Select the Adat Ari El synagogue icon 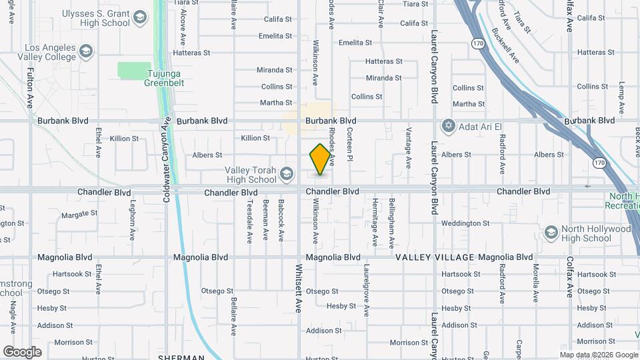click(x=449, y=125)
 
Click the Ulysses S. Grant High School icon click(x=140, y=17)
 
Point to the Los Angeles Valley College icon click(x=85, y=51)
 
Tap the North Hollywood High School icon click(x=551, y=233)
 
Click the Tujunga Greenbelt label click(x=164, y=83)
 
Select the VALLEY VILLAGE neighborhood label click(x=435, y=257)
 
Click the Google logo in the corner click(x=22, y=352)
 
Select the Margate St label click(x=79, y=214)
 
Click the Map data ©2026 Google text click(x=598, y=355)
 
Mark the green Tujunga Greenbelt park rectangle click(x=135, y=70)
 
